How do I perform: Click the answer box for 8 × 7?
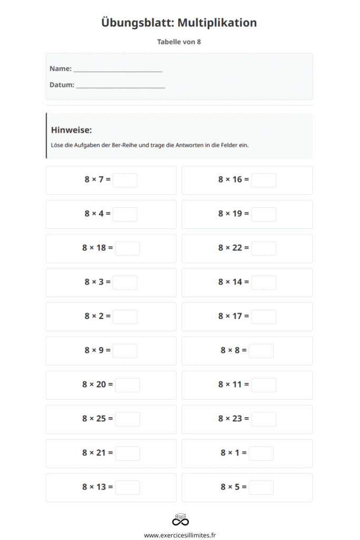(125, 180)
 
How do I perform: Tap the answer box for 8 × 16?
(264, 180)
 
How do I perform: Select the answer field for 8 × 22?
(264, 248)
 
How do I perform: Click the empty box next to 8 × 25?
(128, 419)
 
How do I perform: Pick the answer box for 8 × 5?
(261, 487)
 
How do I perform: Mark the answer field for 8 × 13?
(128, 487)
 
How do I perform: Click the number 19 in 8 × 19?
(237, 214)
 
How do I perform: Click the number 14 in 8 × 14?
(237, 282)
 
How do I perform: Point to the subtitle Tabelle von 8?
(179, 42)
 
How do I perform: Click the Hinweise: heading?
(71, 130)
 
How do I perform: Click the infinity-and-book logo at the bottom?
(180, 519)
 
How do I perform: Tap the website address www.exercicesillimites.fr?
(180, 535)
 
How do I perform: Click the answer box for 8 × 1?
(261, 454)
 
